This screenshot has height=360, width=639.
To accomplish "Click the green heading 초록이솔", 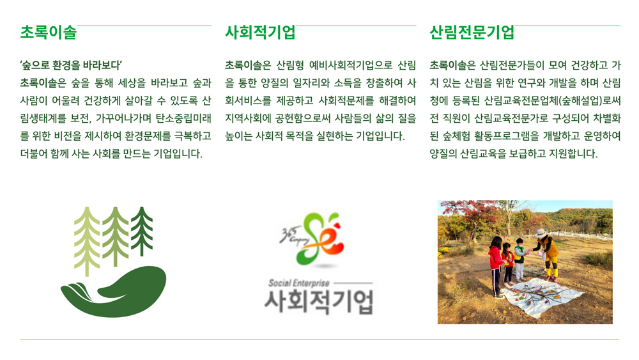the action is pyautogui.click(x=49, y=32).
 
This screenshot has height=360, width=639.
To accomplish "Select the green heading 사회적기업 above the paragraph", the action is pyautogui.click(x=261, y=32).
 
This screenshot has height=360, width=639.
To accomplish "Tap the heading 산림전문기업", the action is pyautogui.click(x=472, y=32).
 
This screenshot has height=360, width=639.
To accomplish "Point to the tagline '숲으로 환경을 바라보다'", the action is pyautogui.click(x=71, y=65).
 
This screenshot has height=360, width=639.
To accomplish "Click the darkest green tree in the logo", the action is pyautogui.click(x=142, y=231).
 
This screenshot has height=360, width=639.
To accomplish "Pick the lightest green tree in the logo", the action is pyautogui.click(x=87, y=241).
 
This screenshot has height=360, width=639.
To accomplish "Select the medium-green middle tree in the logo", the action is pyautogui.click(x=115, y=237).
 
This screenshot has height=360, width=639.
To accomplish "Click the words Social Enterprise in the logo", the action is pyautogui.click(x=298, y=283).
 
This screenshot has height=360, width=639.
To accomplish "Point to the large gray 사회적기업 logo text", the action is pyautogui.click(x=319, y=302).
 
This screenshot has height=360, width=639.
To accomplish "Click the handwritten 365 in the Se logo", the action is pyautogui.click(x=286, y=233).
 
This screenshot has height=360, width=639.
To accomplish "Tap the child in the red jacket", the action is pyautogui.click(x=495, y=266).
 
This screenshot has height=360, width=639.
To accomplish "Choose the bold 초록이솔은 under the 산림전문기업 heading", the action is pyautogui.click(x=453, y=65).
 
